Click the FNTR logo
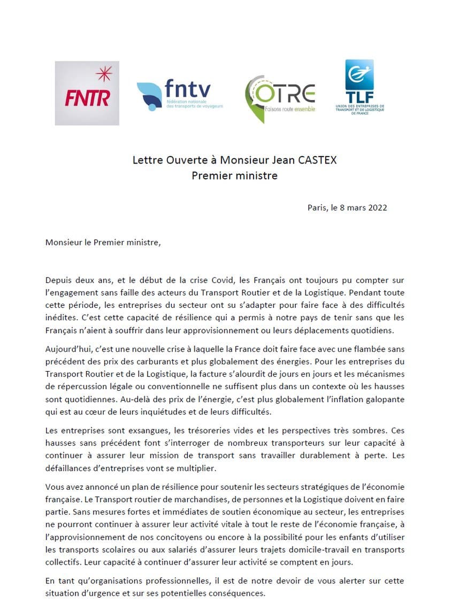pos(87,93)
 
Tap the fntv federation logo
pos(180,95)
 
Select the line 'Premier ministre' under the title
pos(235,175)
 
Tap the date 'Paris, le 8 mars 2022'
pos(347,207)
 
